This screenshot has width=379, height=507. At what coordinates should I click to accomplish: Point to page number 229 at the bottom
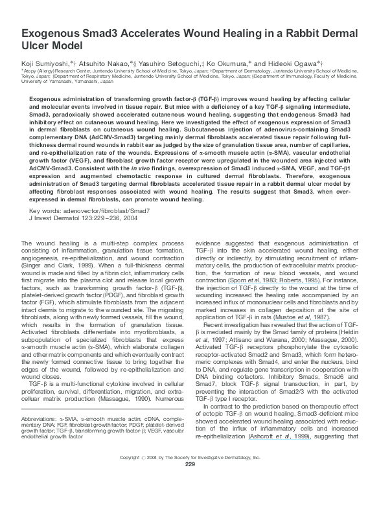190,501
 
